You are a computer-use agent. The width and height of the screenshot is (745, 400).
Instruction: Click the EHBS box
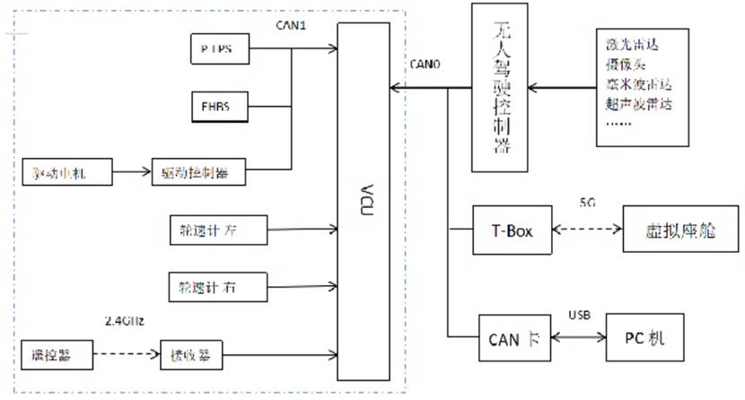(216, 108)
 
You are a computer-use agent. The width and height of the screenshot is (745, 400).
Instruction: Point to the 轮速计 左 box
(217, 230)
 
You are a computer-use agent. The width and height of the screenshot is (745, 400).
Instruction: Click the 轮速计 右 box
(217, 287)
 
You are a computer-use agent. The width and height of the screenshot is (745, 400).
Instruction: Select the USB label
(579, 315)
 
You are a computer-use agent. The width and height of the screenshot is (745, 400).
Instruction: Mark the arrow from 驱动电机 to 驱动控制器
(132, 170)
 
